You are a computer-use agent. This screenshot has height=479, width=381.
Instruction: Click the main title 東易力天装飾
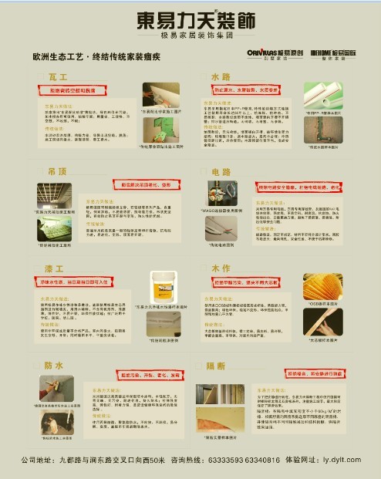190,19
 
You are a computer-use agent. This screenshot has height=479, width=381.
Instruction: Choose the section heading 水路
221,78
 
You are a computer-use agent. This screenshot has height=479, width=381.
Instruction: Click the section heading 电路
221,170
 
